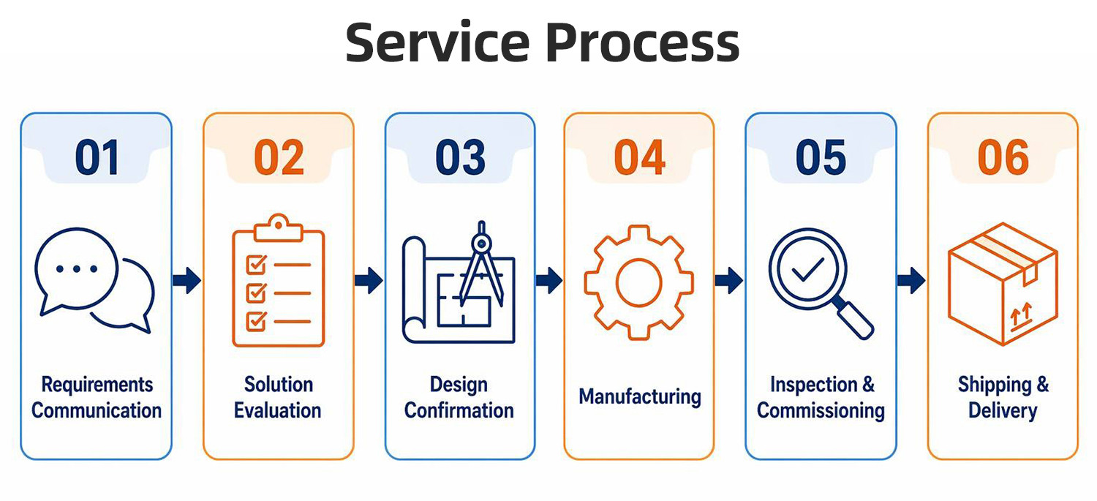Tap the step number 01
97,158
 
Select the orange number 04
640,158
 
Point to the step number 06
1003,158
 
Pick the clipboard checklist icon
278,281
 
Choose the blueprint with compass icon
459,282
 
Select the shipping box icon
1003,284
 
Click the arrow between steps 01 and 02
186,281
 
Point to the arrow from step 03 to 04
549,281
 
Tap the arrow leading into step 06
911,281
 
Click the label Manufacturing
640,396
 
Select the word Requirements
97,385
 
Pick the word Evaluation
278,410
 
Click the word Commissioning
821,411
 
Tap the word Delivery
1003,411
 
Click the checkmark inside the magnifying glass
807,269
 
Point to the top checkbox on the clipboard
256,265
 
